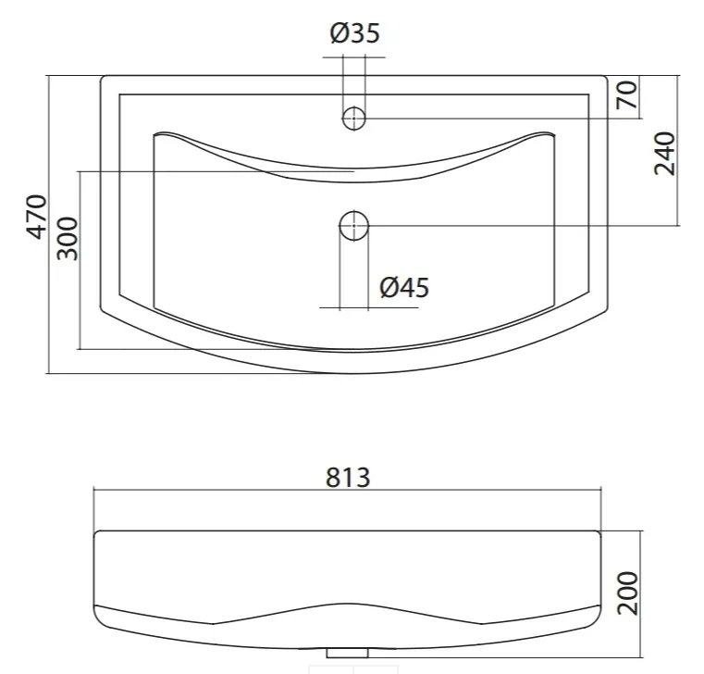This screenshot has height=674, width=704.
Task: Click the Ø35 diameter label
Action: (354, 32)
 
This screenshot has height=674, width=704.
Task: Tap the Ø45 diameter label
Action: (404, 288)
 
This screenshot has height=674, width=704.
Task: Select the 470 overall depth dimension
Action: (36, 217)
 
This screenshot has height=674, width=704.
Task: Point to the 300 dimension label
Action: (68, 239)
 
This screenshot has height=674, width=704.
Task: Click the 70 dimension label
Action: (627, 94)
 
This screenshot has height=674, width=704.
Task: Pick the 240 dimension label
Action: (664, 153)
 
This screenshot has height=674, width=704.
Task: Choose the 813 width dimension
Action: (348, 478)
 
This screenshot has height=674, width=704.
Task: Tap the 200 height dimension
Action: (627, 593)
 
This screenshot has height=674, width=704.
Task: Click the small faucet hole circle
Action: (353, 119)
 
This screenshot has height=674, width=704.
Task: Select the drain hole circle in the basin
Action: (353, 226)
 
